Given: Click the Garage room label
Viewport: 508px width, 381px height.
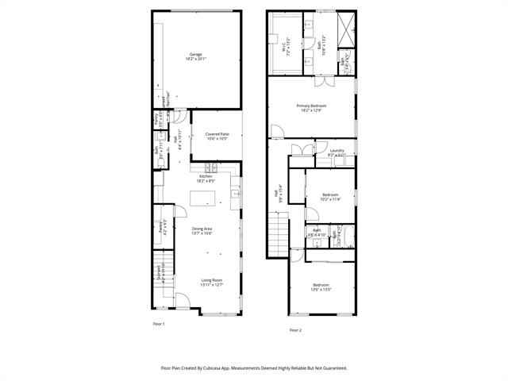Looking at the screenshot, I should [195, 56].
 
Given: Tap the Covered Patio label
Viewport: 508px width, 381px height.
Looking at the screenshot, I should [217, 137].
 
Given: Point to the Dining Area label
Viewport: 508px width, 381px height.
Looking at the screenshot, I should [202, 231].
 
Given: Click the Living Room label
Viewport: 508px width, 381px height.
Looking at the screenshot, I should [211, 282].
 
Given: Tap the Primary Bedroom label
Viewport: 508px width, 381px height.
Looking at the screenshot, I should [312, 108].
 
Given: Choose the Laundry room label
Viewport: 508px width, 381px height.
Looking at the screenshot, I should [336, 152].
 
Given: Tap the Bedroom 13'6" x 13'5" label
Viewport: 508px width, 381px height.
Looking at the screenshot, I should [321, 287].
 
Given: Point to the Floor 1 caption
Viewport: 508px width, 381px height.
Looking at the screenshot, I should [159, 324].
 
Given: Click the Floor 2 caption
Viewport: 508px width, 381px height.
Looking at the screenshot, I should [295, 329].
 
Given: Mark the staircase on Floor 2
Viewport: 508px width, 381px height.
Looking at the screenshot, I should [278, 236].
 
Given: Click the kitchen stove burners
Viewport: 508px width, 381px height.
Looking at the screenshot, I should [210, 167].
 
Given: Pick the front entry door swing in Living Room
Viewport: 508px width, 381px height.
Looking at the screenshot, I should [181, 302].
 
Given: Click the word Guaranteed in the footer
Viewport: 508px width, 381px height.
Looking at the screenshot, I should [329, 368].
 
